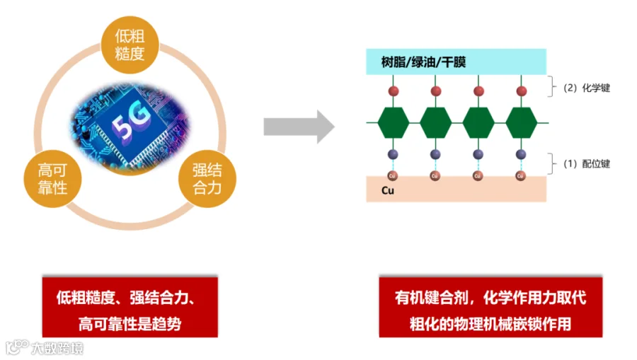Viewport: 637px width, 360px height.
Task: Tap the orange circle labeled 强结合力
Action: pos(207,178)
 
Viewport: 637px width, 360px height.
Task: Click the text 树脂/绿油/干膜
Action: pos(423,62)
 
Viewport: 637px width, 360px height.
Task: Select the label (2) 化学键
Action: pos(587,88)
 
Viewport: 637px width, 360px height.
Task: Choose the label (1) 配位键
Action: pos(587,163)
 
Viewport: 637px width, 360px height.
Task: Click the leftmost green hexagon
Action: pos(394,123)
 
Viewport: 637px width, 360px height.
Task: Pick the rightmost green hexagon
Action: pos(522,123)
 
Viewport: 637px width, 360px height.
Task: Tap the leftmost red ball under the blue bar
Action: pos(394,91)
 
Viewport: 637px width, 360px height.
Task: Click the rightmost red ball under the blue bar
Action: pos(522,91)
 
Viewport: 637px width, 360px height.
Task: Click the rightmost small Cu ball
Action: pos(522,175)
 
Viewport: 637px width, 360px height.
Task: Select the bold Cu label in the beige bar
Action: pos(387,190)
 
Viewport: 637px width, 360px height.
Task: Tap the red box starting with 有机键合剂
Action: pos(490,307)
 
